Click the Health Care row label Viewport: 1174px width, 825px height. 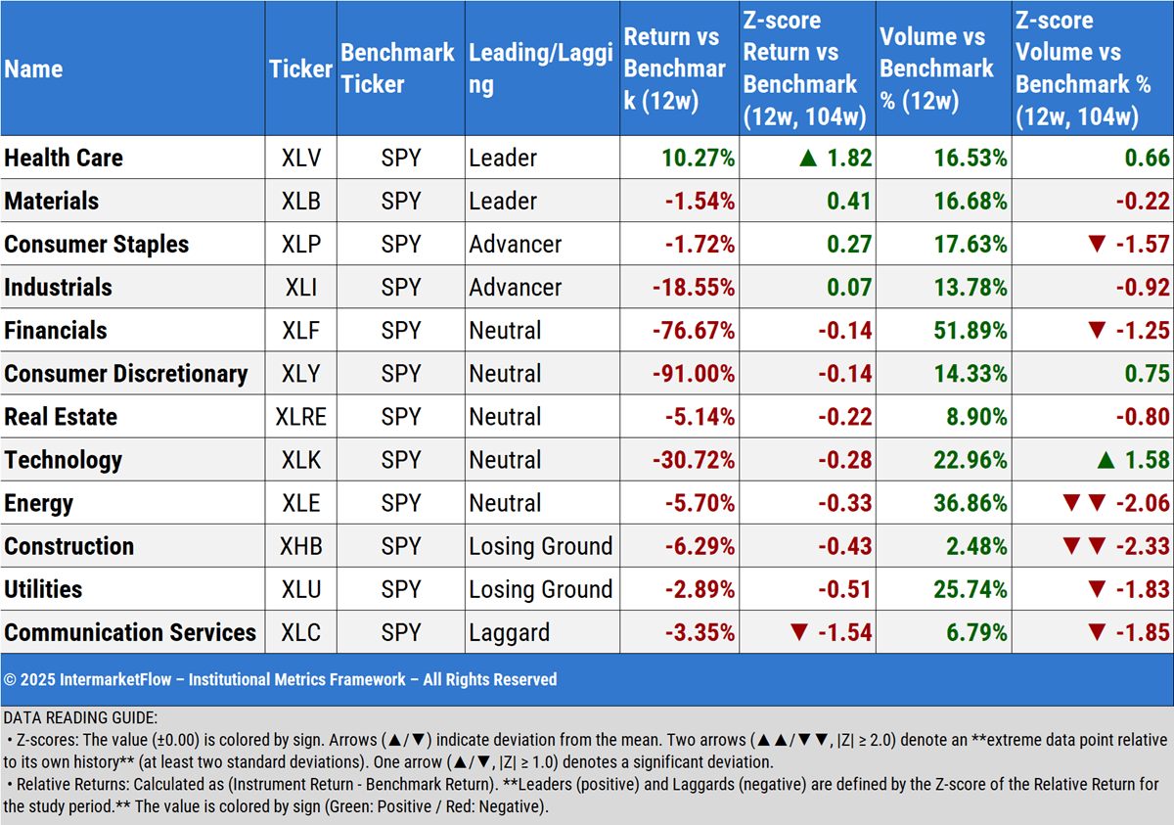pos(65,159)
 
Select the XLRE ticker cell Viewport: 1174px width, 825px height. pos(300,417)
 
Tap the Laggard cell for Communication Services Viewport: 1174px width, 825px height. pos(509,632)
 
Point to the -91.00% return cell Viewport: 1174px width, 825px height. pos(694,374)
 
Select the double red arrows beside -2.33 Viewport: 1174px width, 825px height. pos(1083,546)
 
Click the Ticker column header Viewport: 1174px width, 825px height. pos(300,69)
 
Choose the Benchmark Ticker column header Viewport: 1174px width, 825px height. pos(397,69)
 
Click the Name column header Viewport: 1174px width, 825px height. pos(34,69)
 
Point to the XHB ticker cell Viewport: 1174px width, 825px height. pos(300,546)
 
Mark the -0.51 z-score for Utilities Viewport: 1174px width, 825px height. pos(846,589)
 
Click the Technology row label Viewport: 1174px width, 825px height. pos(64,460)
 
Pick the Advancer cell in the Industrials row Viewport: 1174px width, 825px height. pos(515,288)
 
